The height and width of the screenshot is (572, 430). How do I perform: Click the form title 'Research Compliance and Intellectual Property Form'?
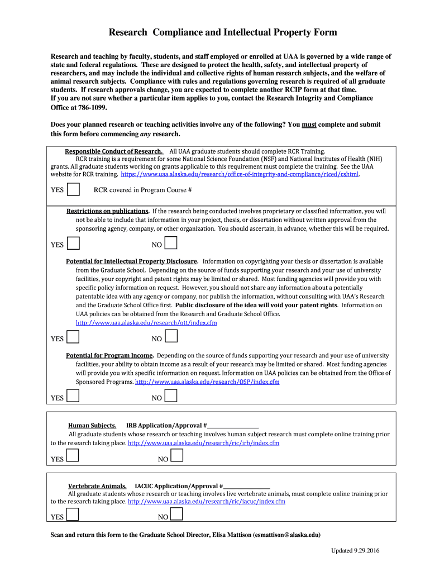click(222, 32)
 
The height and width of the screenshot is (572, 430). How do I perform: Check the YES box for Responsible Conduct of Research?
click(73, 189)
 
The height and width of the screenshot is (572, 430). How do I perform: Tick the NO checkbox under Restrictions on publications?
click(171, 243)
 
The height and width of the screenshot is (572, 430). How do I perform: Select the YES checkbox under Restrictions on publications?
click(73, 243)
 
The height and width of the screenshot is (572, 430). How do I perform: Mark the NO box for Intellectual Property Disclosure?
click(171, 336)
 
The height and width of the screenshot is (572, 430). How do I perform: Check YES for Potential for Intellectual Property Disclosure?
click(73, 337)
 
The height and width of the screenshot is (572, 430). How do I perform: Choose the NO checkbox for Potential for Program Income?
click(171, 396)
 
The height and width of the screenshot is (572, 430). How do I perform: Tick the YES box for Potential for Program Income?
click(73, 396)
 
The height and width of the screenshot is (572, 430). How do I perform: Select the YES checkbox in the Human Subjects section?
click(73, 456)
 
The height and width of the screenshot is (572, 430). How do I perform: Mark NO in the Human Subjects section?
click(176, 456)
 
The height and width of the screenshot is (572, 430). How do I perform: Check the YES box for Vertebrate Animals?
click(73, 514)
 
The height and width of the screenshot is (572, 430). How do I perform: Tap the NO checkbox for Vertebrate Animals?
click(176, 514)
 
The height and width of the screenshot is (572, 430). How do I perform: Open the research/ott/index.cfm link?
click(146, 323)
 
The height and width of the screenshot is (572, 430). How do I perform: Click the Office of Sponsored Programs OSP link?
click(207, 382)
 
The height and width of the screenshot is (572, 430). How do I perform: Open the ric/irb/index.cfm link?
click(203, 443)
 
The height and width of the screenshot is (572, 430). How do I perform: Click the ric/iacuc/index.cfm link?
click(206, 502)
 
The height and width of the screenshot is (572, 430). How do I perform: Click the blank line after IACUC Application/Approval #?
click(247, 486)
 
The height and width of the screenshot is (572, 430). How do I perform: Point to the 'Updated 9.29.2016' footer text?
click(355, 551)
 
